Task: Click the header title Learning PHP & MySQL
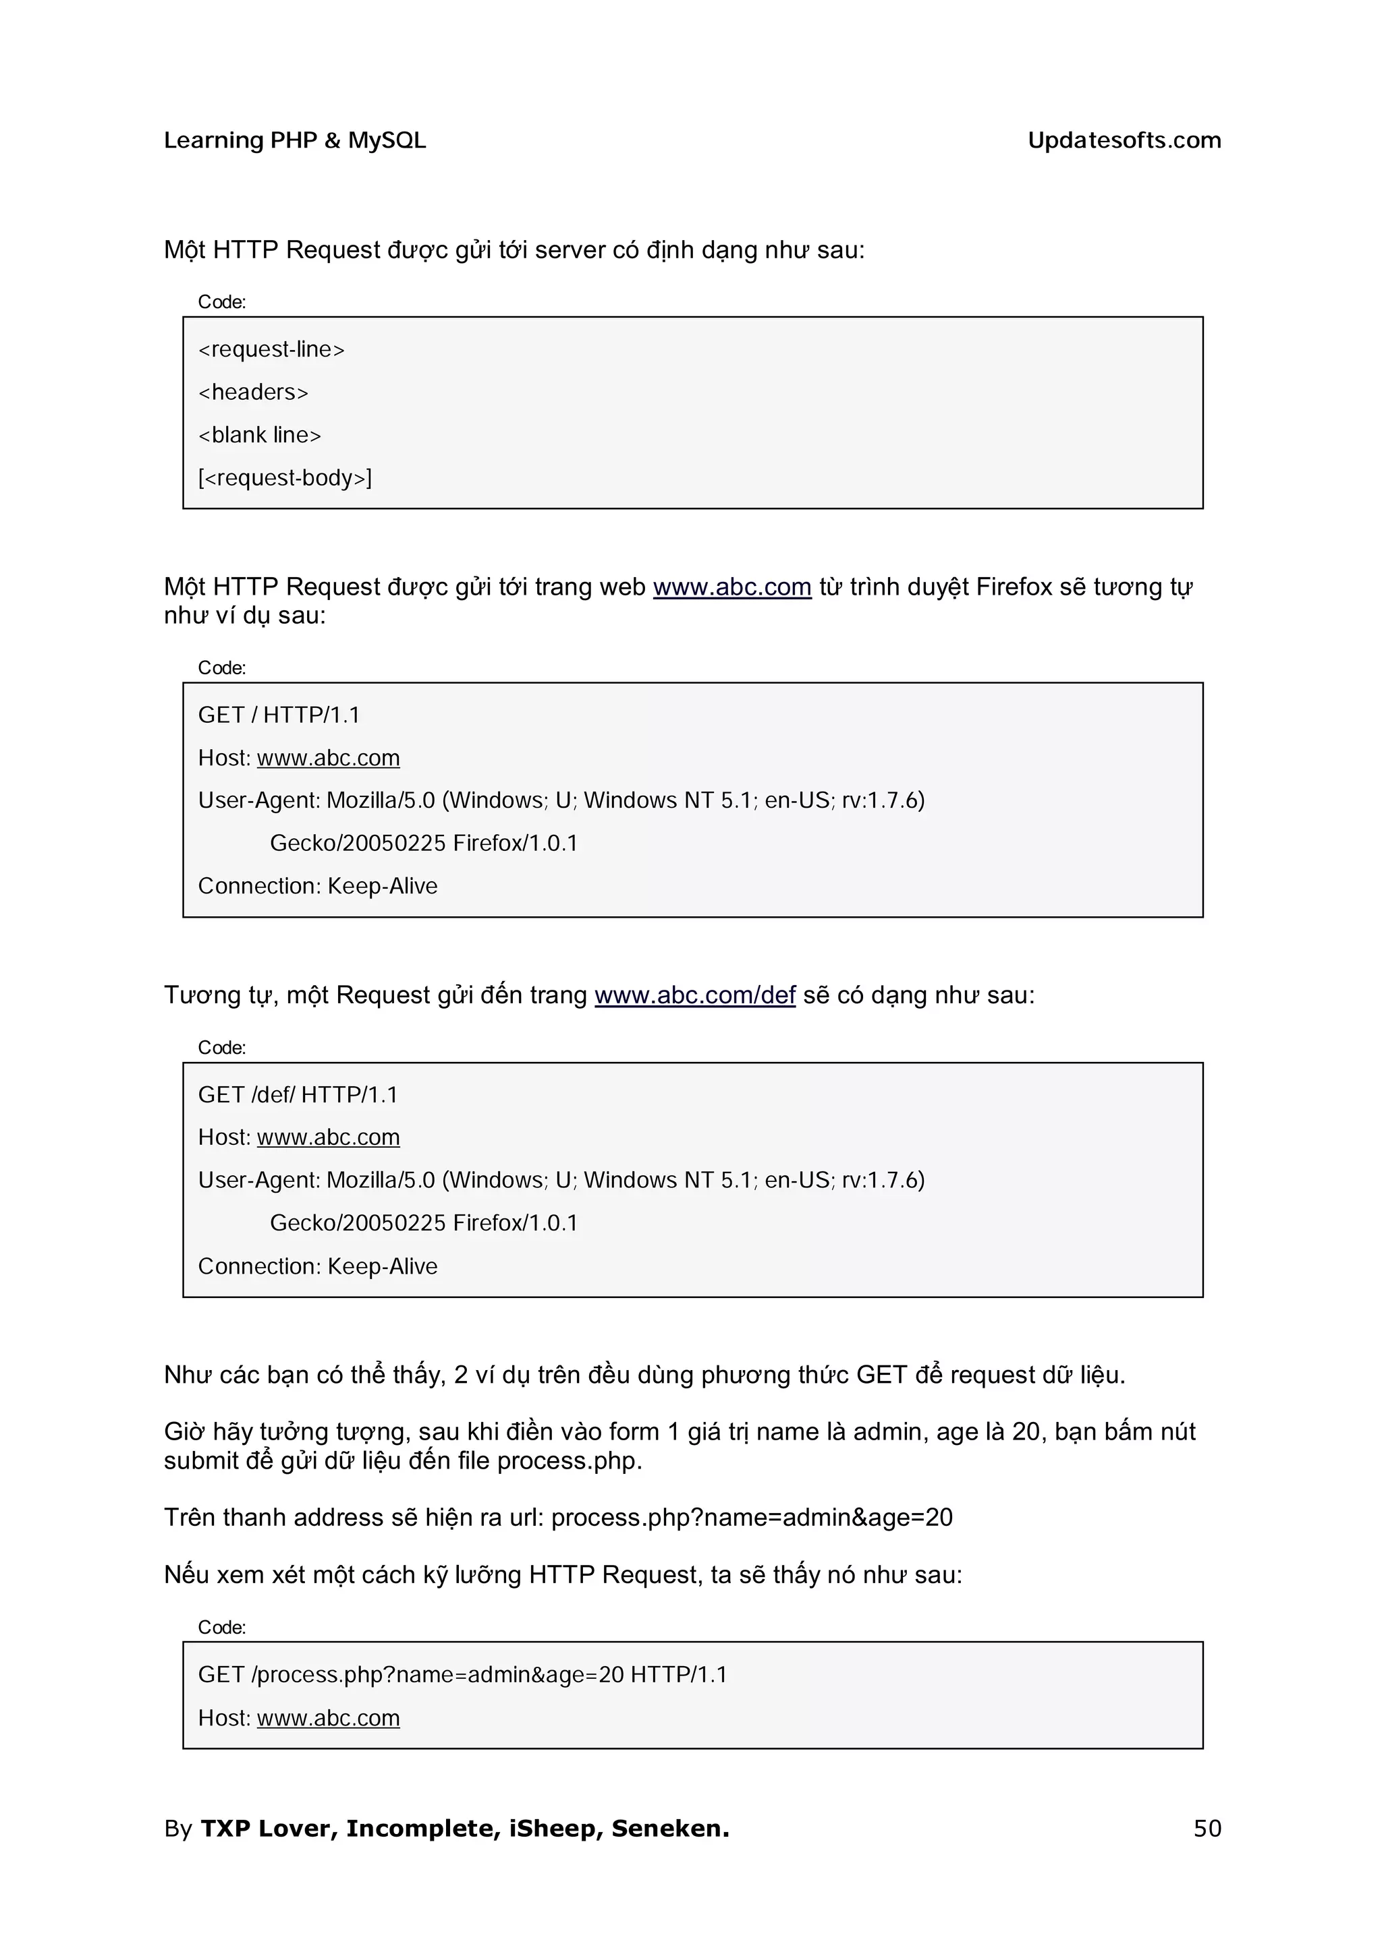295,140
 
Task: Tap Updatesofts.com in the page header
1124,140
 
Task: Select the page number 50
1207,1828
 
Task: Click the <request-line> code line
271,350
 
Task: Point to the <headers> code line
253,392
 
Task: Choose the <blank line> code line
260,435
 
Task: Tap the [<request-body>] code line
284,478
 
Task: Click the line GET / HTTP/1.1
279,715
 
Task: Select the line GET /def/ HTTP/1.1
297,1094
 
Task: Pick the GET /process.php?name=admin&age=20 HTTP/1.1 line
462,1674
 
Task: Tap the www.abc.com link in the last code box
328,1717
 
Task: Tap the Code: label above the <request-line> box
221,302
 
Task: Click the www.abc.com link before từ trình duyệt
731,587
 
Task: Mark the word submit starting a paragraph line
201,1460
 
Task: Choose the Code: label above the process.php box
221,1627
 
